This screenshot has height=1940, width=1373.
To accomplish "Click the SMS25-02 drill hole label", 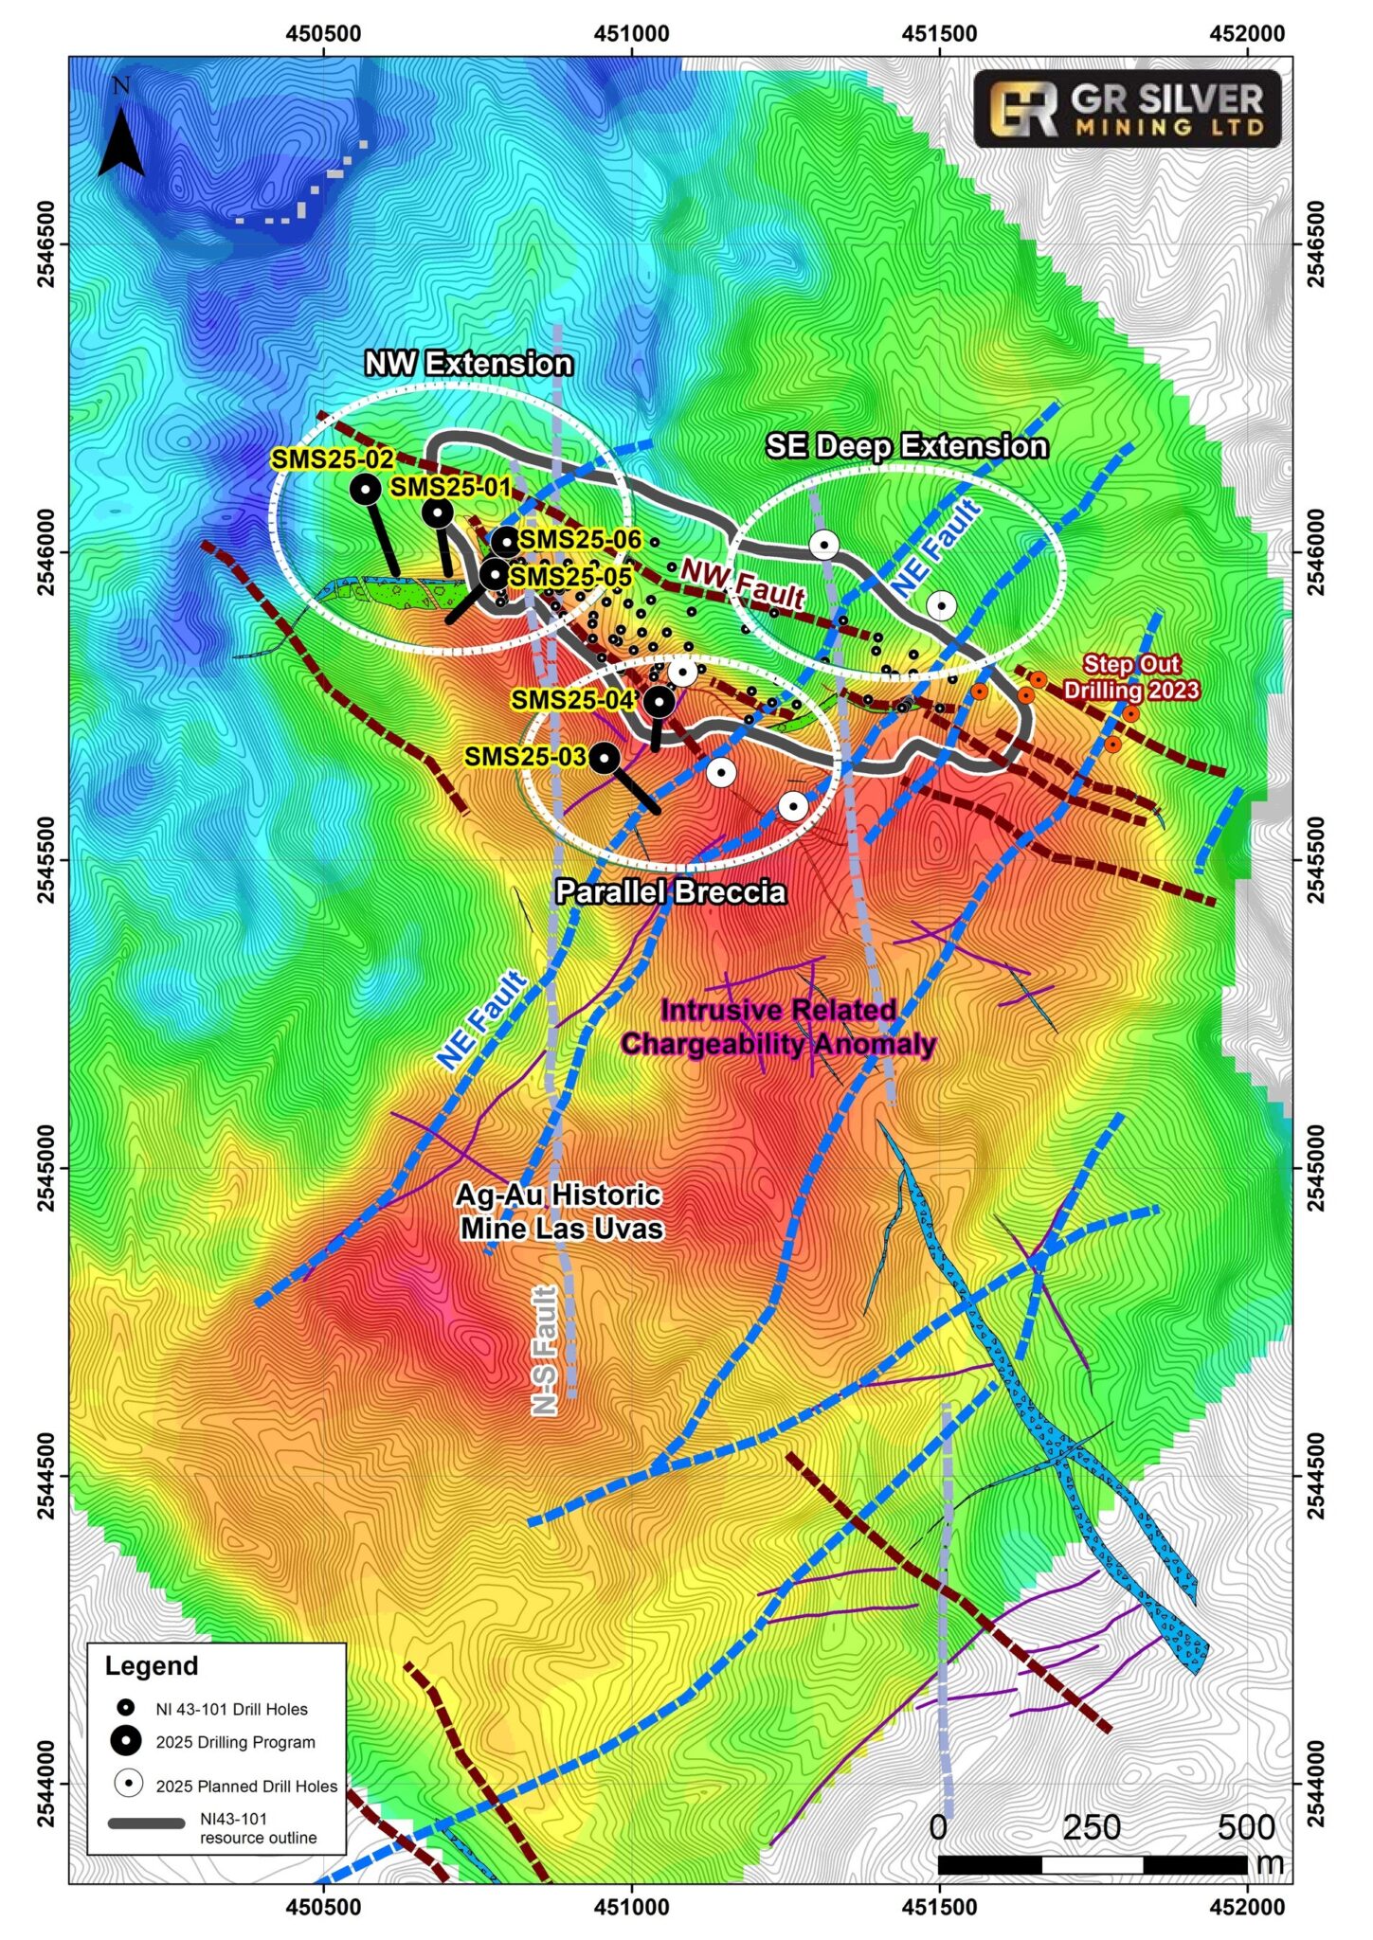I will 333,459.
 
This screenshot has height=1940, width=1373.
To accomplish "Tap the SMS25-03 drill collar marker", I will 605,757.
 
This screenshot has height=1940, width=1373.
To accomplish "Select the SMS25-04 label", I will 572,700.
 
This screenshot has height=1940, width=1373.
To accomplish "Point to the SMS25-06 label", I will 580,540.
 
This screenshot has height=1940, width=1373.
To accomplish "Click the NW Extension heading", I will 468,363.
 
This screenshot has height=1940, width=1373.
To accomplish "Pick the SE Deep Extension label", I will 906,446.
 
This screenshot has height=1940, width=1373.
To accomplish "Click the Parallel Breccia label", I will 670,892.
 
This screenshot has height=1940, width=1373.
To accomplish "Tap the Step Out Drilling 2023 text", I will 1130,677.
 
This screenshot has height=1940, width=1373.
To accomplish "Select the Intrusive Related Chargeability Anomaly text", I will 778,1027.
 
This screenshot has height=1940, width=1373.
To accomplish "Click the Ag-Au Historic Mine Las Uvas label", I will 560,1212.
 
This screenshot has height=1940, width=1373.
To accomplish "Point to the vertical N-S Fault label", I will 544,1350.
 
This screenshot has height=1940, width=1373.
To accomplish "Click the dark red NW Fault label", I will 743,584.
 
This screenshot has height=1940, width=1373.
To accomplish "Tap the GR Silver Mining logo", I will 1127,109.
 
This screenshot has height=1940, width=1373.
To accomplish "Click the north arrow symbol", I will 121,142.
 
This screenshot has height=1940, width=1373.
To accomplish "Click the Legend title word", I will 152,1665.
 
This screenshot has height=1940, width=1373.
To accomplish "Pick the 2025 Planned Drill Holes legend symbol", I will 128,1785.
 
